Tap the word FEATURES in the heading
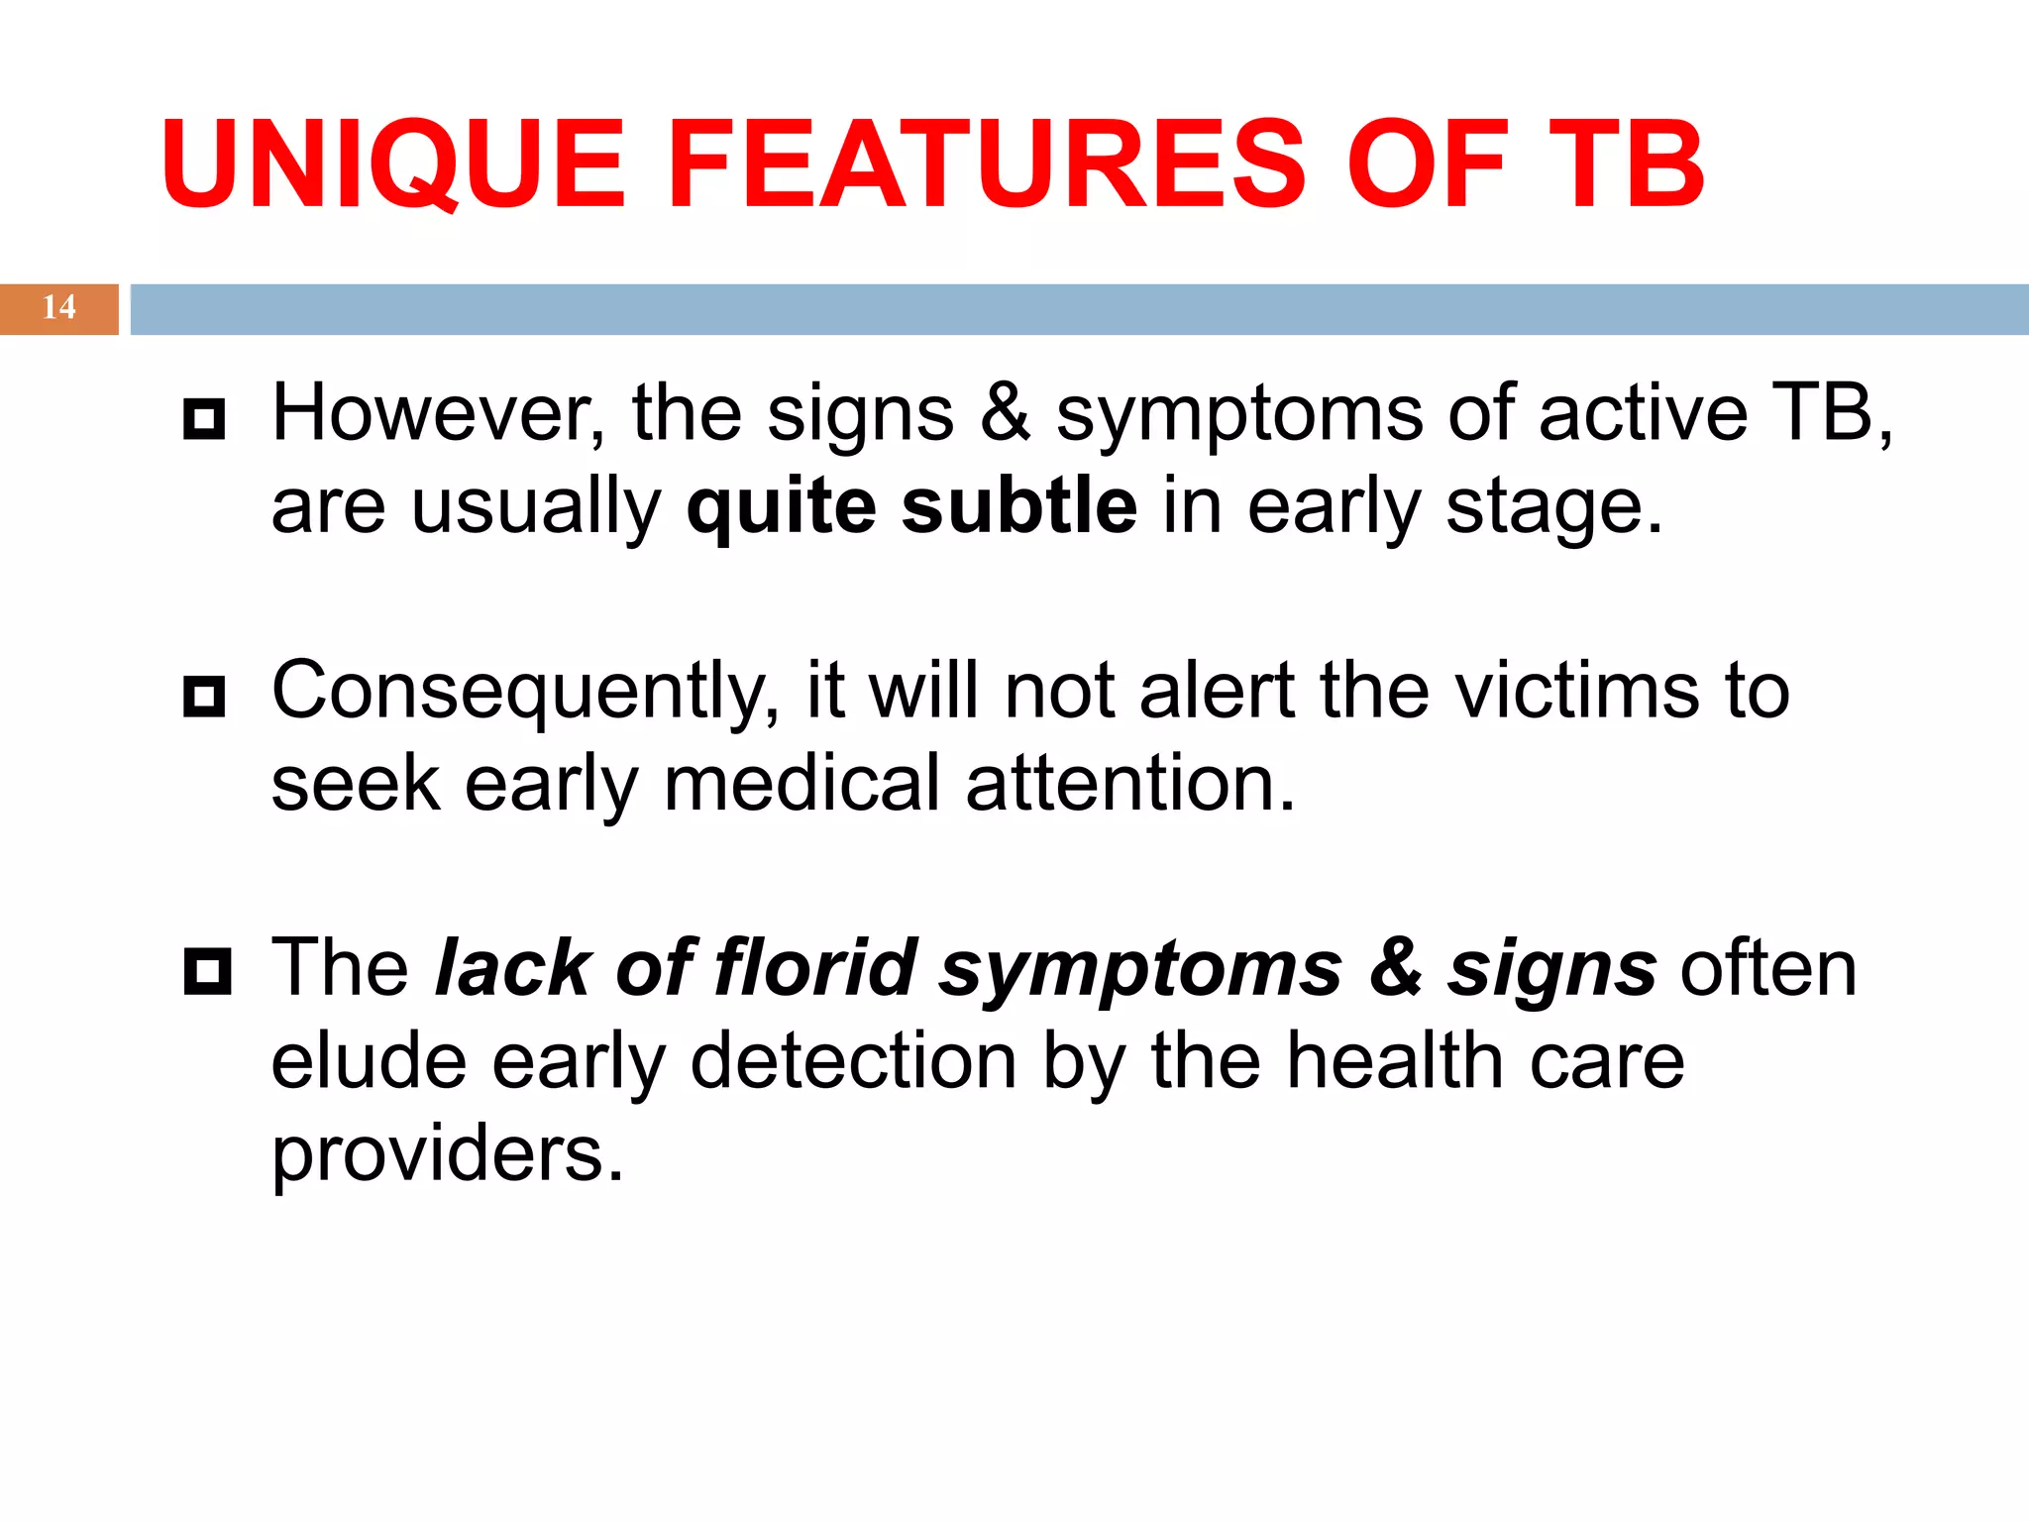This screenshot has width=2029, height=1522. pos(987,164)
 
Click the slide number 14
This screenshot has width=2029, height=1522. pos(58,308)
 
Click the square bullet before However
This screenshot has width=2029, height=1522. pos(205,419)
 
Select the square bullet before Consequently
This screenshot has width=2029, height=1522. pos(205,697)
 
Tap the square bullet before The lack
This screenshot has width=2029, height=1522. pos(207,971)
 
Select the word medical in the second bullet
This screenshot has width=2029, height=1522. pos(801,784)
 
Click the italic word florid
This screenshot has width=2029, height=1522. pos(814,967)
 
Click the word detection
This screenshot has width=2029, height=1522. pos(853,1061)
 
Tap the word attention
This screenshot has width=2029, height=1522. pos(1129,784)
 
